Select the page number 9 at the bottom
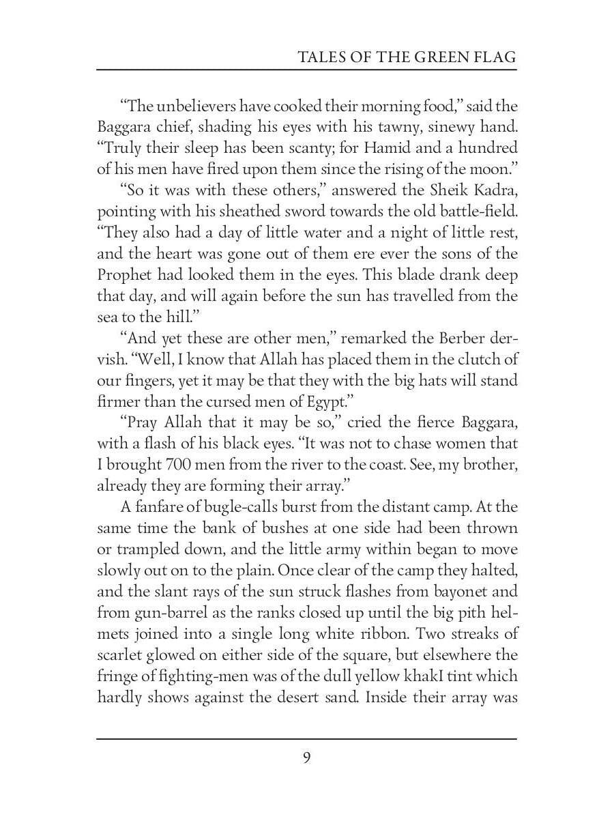click(307, 758)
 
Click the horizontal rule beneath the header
click(307, 70)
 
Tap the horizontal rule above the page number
click(307, 738)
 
